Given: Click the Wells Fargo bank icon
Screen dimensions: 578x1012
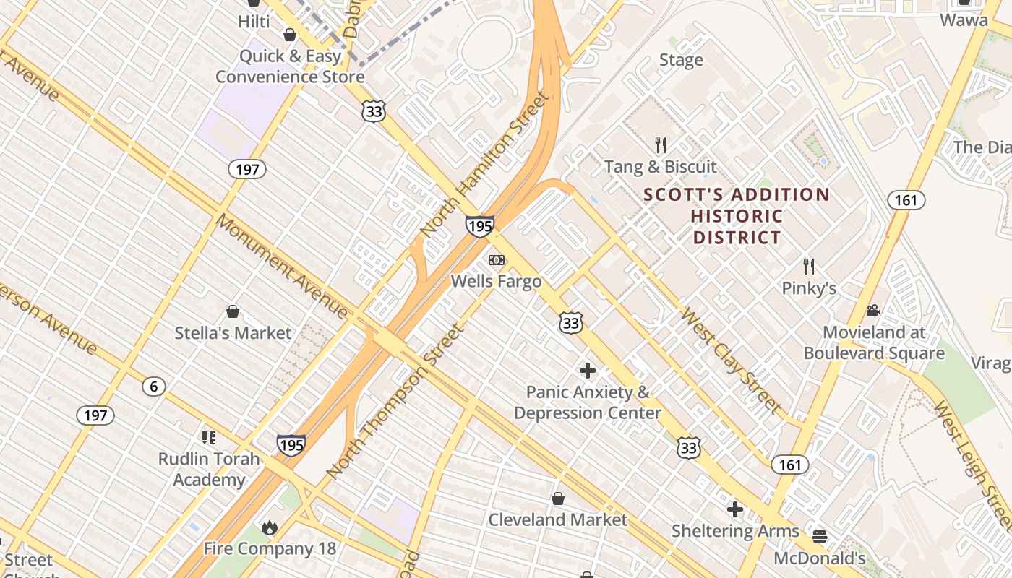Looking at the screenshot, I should click(496, 260).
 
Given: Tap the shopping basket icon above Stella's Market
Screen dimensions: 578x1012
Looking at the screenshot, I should click(233, 311).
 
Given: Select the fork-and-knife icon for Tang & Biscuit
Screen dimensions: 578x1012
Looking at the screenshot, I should click(660, 145).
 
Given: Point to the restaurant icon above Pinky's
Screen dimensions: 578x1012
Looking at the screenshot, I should click(809, 267).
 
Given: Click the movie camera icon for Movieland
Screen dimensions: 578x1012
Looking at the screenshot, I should click(873, 311).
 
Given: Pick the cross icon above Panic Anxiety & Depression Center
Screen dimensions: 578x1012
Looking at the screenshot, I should click(588, 371).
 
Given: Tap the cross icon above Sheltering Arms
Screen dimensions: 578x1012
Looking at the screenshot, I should click(735, 509).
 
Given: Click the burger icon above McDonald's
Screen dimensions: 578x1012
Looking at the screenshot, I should click(819, 537).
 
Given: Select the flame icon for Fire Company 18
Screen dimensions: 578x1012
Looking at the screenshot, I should click(270, 527).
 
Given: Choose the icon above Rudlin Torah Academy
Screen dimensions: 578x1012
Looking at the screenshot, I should click(209, 437).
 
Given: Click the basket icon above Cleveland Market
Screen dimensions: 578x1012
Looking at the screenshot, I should click(558, 499).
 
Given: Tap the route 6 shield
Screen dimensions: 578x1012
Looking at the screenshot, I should click(153, 387).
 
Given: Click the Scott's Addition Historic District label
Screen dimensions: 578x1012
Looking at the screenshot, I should click(737, 215).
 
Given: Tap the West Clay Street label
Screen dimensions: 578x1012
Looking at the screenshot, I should click(731, 361).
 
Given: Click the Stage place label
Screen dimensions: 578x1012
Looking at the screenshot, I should click(681, 60).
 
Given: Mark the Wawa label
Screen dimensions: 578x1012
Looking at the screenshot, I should click(964, 20).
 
